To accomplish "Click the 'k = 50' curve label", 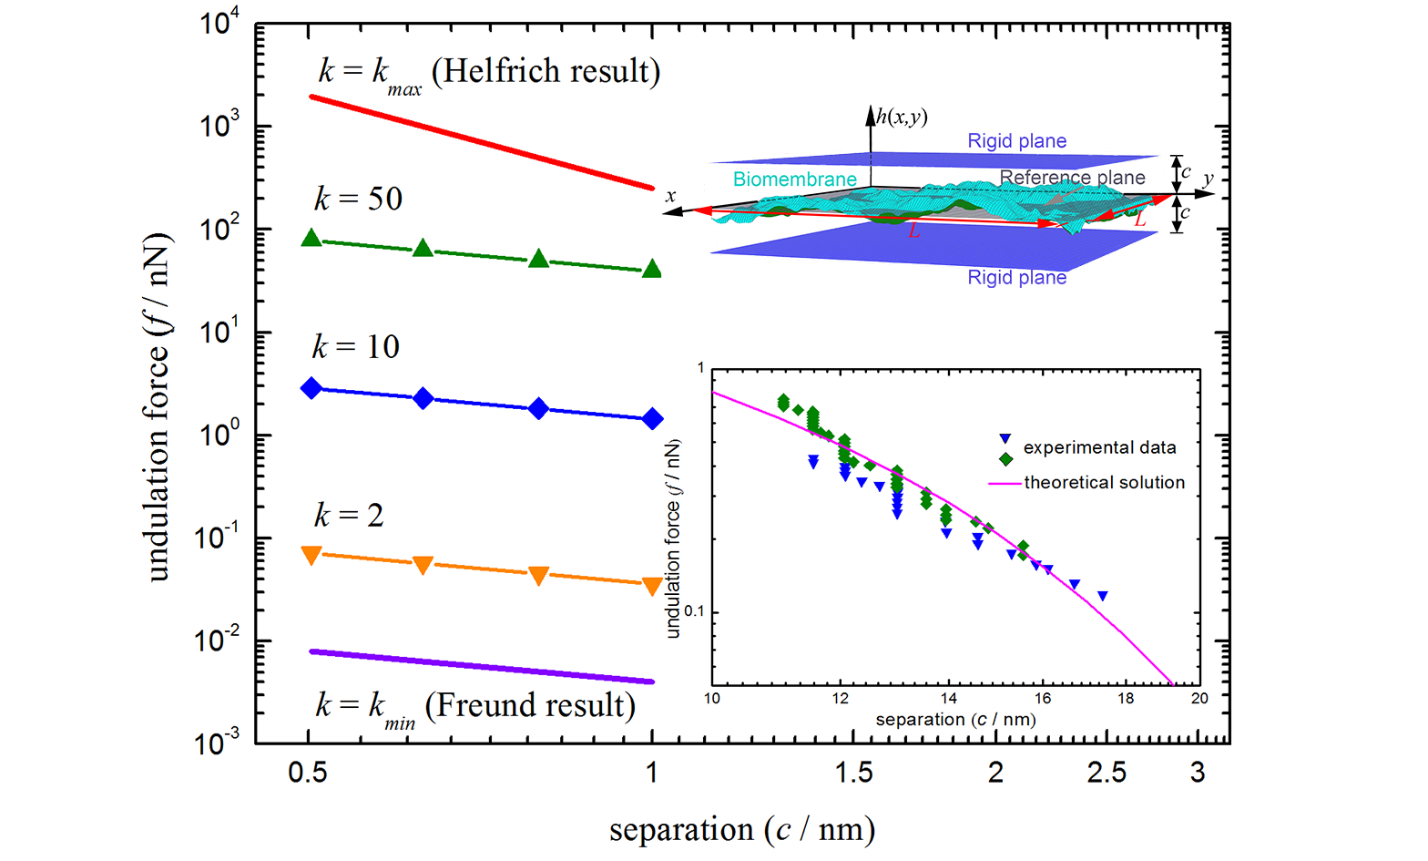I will (x=358, y=199).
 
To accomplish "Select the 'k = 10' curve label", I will (x=356, y=347).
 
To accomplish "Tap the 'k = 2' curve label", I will (x=349, y=516).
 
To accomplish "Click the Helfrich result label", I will (x=489, y=72).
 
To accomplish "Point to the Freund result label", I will (x=475, y=706).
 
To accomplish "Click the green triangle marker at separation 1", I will (x=652, y=269).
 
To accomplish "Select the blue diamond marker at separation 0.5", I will (x=311, y=388).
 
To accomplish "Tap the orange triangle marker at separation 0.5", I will (x=311, y=555).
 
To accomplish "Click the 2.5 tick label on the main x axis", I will (x=1107, y=774).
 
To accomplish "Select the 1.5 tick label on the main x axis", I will (x=853, y=774).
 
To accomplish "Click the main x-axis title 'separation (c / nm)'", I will (x=742, y=830).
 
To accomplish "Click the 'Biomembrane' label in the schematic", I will (x=794, y=179).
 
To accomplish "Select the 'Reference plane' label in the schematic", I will (x=1072, y=178).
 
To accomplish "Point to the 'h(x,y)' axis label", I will (x=902, y=117).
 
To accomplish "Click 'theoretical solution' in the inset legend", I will (x=1104, y=483).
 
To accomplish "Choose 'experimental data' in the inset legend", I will (x=1099, y=448).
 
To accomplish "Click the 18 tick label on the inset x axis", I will (x=1126, y=699).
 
